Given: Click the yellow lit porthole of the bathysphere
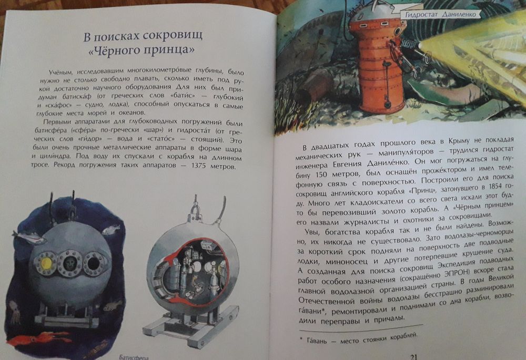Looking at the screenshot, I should [45, 261].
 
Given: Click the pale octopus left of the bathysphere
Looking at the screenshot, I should [15, 314].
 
